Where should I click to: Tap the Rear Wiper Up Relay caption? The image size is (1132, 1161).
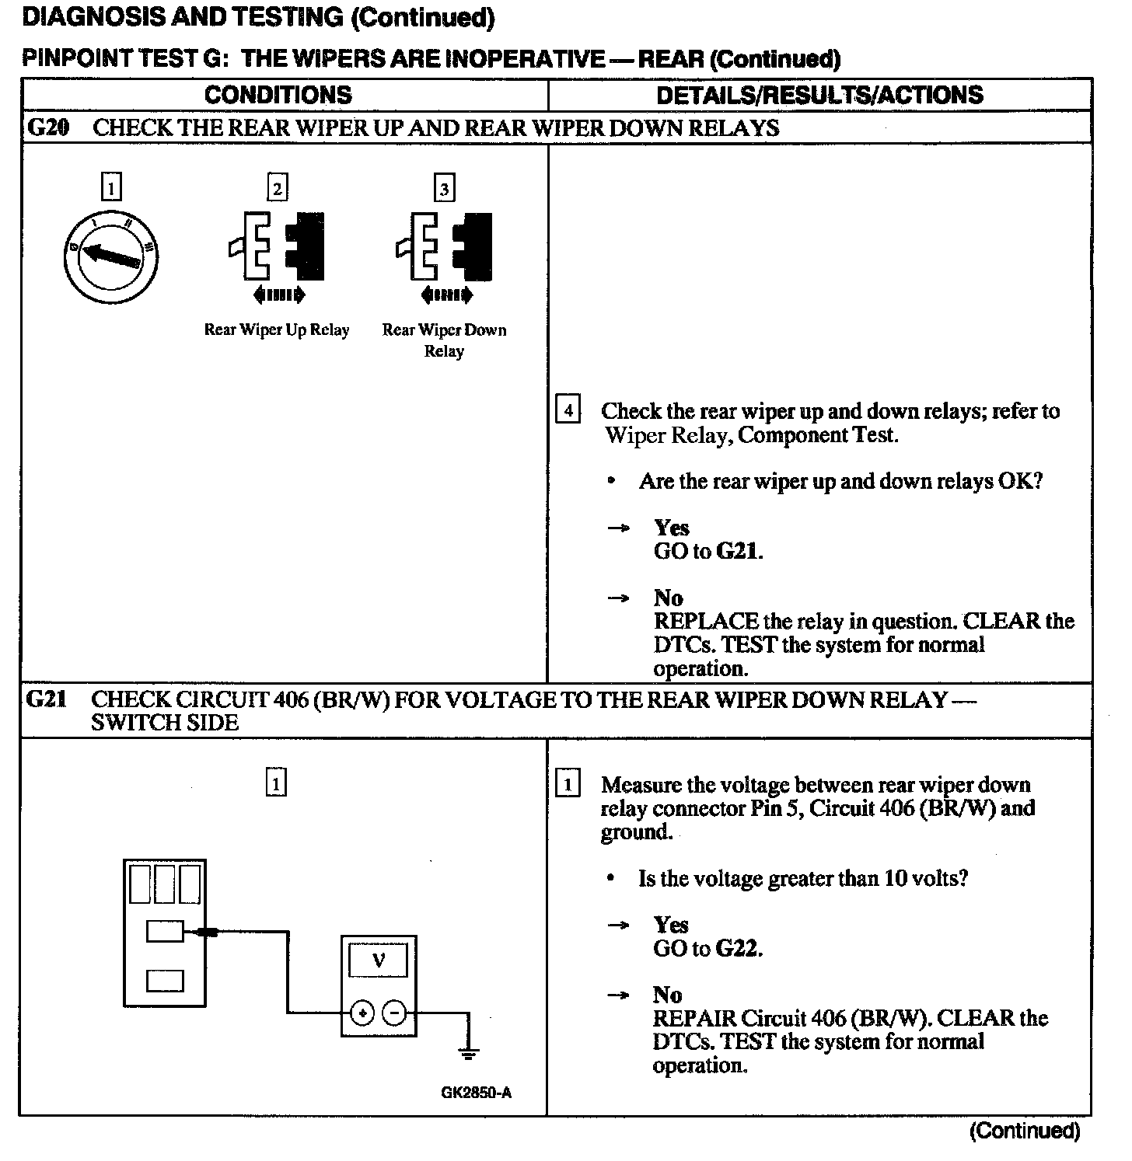[277, 330]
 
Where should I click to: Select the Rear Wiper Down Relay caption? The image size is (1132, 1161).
[444, 340]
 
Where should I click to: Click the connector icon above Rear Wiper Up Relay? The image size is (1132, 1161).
[277, 246]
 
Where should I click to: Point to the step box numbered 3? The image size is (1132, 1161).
[444, 189]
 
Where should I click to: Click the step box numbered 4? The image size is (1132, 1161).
[568, 410]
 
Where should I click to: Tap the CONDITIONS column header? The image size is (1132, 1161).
[278, 95]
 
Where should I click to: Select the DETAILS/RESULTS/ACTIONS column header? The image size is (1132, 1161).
[819, 95]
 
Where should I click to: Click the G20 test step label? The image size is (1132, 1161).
[47, 127]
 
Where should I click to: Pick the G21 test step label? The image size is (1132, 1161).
[46, 699]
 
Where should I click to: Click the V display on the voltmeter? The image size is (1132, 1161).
[379, 961]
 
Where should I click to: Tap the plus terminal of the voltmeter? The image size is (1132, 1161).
[362, 1013]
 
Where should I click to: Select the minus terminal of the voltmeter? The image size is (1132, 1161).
[395, 1013]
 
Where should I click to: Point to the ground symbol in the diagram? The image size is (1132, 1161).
[468, 1053]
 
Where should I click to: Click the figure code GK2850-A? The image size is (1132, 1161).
[476, 1093]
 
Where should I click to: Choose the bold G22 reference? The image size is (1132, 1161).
[738, 949]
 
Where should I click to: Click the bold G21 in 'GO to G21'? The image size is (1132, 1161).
[738, 552]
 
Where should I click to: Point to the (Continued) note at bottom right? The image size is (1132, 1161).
[1024, 1131]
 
